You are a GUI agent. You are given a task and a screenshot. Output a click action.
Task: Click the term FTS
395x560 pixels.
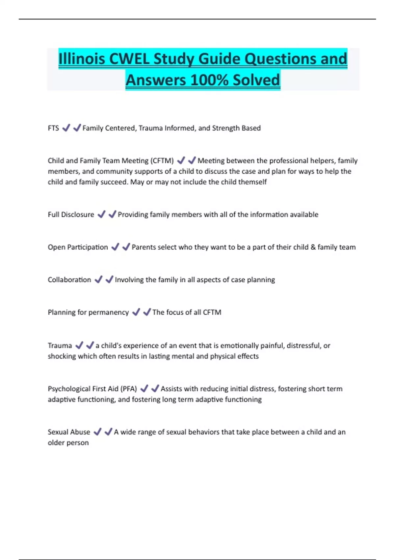[53, 128]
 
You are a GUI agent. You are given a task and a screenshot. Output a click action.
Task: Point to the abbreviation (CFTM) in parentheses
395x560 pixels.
[162, 161]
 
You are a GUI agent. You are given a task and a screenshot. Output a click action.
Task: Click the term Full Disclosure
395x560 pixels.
[71, 215]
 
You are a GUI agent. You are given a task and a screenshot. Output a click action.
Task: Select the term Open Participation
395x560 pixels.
[78, 247]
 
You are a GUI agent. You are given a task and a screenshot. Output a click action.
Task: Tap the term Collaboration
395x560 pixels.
[69, 280]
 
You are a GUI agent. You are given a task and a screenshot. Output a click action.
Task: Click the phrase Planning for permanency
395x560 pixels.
[88, 313]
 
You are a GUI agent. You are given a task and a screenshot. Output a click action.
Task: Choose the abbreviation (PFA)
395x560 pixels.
[129, 389]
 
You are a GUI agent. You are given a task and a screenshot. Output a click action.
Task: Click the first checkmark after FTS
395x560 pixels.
[66, 128]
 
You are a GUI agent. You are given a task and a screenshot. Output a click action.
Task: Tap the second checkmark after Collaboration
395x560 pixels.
[109, 280]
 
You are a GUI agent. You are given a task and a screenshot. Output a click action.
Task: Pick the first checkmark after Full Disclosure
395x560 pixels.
[101, 214]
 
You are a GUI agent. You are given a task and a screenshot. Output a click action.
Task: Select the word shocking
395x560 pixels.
[62, 356]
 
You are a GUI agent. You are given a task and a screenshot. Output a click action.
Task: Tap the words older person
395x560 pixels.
[68, 443]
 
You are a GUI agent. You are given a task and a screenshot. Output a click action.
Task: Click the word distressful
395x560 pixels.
[303, 346]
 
